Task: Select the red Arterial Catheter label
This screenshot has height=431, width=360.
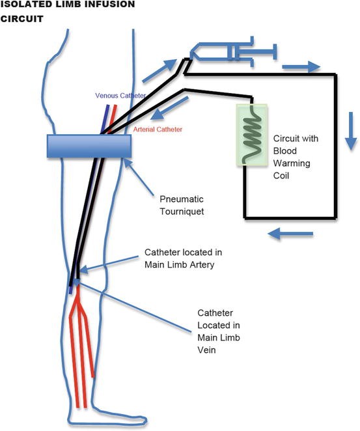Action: [158, 130]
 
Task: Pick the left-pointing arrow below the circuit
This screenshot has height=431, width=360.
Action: [290, 232]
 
